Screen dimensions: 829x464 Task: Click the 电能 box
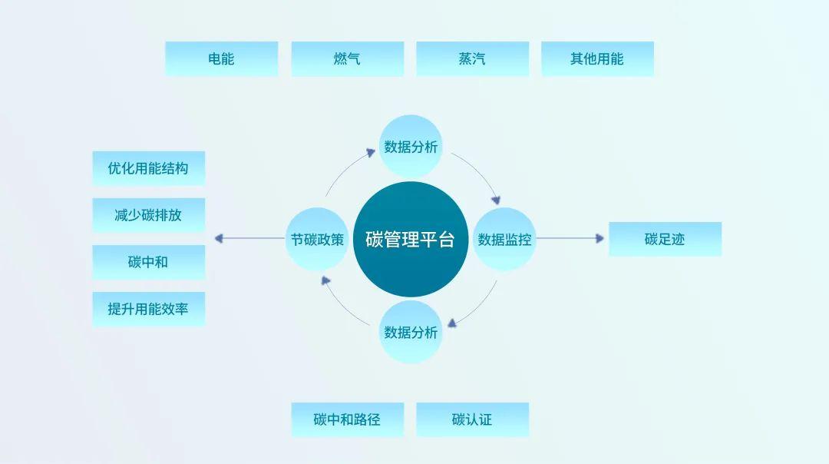tap(222, 58)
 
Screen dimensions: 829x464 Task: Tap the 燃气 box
tap(348, 58)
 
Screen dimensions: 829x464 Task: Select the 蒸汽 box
tap(473, 58)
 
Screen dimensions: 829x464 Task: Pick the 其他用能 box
tap(597, 58)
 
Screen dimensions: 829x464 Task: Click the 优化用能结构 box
tap(149, 168)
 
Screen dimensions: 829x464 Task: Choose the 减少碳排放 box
tap(149, 215)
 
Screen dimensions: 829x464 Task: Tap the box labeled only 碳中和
tap(149, 262)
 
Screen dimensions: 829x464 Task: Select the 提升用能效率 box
tap(149, 309)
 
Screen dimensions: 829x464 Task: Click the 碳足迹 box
tap(665, 239)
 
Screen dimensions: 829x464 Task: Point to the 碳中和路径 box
tap(348, 419)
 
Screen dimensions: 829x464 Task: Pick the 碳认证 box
tap(473, 419)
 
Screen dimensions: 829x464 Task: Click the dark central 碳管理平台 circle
tap(411, 239)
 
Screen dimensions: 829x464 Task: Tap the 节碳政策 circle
tap(317, 239)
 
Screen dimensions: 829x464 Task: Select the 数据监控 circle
tap(504, 239)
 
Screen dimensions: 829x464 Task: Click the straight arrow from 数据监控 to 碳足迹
tap(570, 238)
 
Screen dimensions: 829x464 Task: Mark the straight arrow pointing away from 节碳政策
tap(249, 239)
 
